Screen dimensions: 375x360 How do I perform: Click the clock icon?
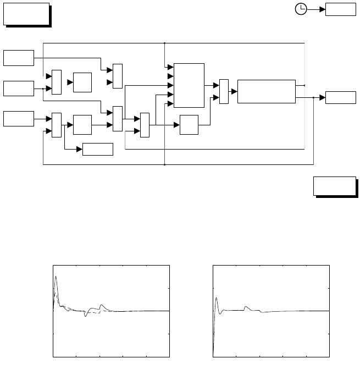click(x=301, y=9)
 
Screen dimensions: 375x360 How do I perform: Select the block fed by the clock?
click(x=341, y=9)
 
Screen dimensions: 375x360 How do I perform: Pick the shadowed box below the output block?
click(x=334, y=185)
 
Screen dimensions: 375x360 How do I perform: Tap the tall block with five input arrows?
click(x=189, y=85)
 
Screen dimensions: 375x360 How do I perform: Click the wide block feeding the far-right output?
click(x=267, y=91)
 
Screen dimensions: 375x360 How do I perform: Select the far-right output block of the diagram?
click(x=341, y=97)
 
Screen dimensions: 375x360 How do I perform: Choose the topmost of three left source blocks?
click(x=19, y=57)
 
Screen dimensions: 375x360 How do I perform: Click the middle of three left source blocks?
click(x=19, y=88)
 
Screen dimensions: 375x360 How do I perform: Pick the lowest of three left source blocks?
click(x=19, y=118)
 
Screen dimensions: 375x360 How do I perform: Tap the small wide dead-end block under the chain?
click(x=97, y=149)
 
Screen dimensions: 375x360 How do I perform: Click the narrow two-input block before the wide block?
click(x=224, y=91)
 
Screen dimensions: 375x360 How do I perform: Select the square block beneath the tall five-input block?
click(x=189, y=125)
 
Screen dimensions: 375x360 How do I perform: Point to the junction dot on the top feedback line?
click(x=165, y=42)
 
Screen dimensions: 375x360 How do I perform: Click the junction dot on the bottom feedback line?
click(x=165, y=164)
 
